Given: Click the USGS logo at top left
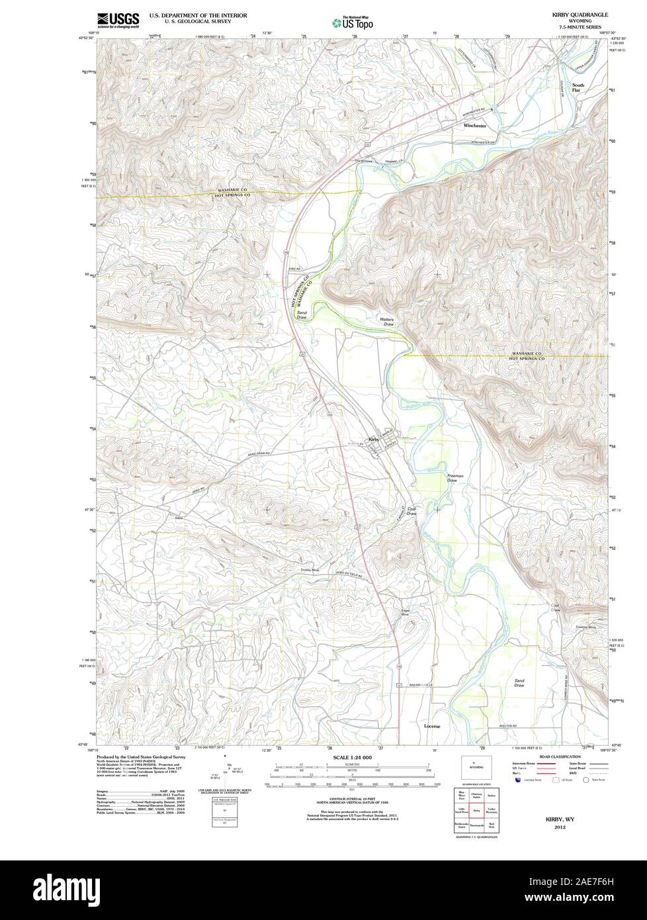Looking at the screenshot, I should point(118,20).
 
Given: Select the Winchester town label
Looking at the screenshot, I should point(474,125).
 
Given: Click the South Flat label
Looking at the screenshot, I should point(578,87).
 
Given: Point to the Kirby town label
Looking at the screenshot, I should point(373,439).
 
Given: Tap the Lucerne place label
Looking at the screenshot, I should point(432,726).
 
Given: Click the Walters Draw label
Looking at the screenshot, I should point(387,322).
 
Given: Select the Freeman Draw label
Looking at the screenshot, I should point(455,477).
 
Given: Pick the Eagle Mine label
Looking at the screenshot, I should point(406,612).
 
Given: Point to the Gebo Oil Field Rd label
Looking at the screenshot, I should point(350,575).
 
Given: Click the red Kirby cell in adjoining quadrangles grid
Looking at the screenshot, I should point(476,809).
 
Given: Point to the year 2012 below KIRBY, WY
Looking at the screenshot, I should point(560,827).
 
